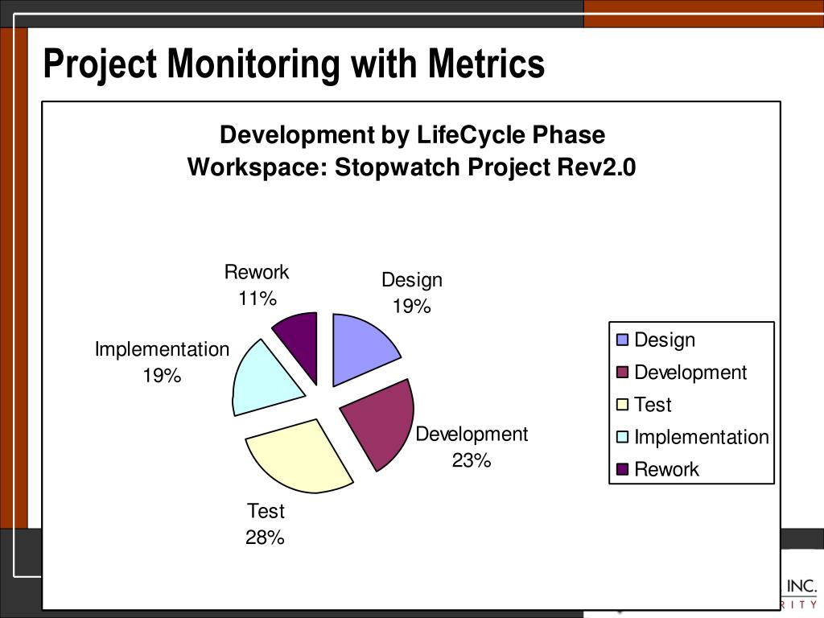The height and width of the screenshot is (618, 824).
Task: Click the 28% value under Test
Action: [265, 538]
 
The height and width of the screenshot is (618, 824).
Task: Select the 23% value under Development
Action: [471, 460]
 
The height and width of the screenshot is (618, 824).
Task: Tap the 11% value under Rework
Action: [257, 299]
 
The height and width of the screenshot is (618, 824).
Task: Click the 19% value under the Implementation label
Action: [162, 375]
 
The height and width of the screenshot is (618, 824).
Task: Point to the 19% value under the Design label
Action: [411, 307]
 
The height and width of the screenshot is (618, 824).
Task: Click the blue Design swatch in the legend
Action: [622, 340]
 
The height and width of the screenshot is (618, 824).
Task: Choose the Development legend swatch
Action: [622, 373]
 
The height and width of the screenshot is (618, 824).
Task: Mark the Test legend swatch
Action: [622, 405]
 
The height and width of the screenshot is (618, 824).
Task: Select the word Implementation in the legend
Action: [701, 437]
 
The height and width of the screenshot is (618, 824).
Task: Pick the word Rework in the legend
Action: [666, 469]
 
